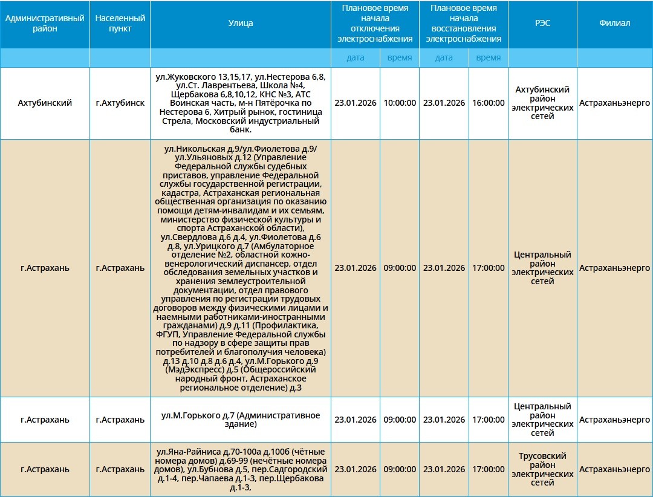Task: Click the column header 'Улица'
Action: coord(241,24)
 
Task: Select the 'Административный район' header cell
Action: coord(45,24)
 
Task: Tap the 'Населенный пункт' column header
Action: coord(120,24)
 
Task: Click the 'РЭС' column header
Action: coord(542,24)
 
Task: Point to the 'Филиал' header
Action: coord(615,24)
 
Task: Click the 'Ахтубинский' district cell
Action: coord(45,103)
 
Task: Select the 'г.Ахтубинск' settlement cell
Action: coord(120,103)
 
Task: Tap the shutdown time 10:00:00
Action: coord(400,103)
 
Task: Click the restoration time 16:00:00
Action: coord(488,103)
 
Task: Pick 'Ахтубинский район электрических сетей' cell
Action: coord(542,103)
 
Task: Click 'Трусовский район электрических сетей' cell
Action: coord(542,469)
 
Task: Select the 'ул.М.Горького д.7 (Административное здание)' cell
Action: coord(241,420)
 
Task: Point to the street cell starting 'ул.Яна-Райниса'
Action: coord(241,469)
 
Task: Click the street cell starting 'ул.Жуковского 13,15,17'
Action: coord(241,103)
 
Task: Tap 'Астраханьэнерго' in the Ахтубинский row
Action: coord(615,103)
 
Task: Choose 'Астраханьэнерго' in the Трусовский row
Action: coord(615,469)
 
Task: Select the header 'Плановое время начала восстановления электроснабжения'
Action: coord(464,24)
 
